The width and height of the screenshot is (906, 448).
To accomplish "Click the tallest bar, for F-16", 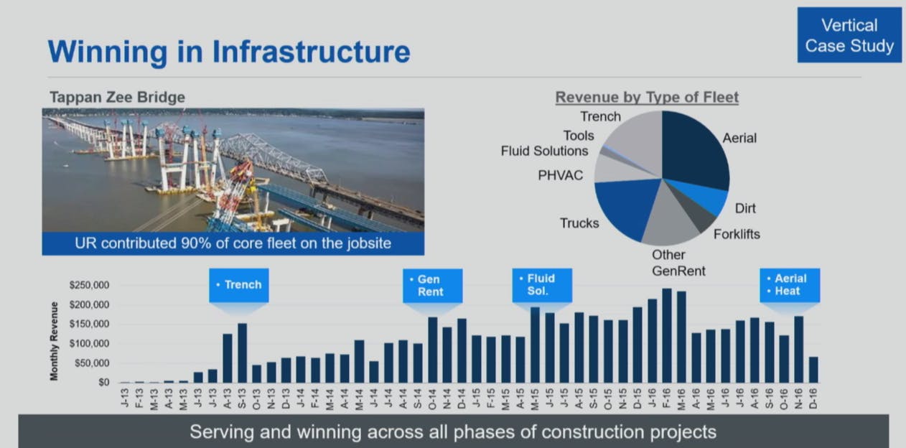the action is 666,335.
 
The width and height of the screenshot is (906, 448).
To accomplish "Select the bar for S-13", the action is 242,353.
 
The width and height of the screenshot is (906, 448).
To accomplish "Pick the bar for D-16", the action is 813,370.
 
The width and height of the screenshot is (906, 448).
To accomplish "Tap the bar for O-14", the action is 432,350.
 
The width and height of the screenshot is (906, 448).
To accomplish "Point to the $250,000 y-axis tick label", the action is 89,285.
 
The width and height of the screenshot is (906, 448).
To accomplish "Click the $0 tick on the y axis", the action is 103,382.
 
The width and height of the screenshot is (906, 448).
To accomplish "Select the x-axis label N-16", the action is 798,398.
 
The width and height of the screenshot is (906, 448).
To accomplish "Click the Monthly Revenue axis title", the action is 54,341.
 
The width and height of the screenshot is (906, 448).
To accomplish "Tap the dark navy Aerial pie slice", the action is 693,149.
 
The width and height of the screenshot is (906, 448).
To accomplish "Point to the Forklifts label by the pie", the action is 737,234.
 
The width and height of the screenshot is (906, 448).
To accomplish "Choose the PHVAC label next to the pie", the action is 560,175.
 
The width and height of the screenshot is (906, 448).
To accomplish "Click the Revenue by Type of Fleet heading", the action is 647,97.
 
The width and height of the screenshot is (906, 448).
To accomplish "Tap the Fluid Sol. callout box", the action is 542,285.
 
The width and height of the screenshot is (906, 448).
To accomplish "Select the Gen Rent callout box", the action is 432,286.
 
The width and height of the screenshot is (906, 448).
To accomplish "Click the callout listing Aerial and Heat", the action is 790,285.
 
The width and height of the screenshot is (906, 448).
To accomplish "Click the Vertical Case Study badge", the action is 849,35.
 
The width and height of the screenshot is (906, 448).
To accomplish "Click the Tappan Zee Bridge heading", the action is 117,97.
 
